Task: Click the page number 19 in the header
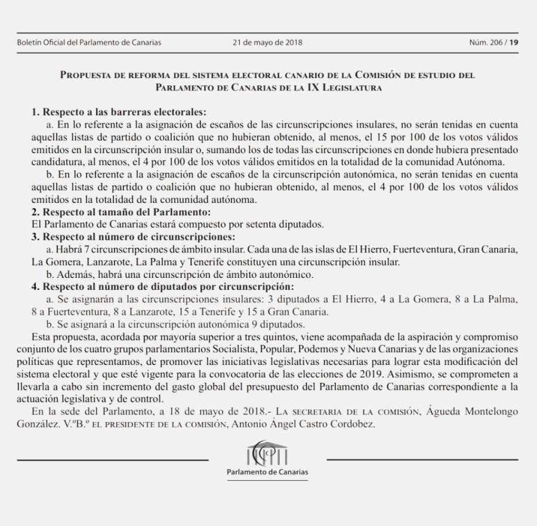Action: [x=514, y=42]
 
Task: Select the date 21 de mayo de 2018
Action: [x=268, y=42]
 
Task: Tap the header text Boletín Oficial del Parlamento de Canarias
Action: [x=89, y=42]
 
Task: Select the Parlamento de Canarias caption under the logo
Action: [x=268, y=472]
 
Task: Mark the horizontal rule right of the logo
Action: [x=423, y=460]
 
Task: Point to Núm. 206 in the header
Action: [x=486, y=42]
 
